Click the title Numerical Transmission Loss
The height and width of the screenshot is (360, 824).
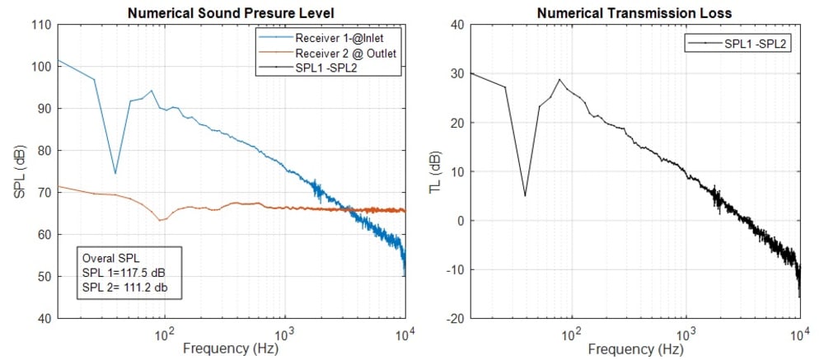click(634, 12)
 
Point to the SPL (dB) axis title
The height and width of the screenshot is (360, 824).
click(17, 171)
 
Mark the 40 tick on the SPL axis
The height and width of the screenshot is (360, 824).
click(46, 319)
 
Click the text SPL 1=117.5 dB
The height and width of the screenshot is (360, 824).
click(124, 273)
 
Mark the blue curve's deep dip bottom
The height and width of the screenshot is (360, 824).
click(115, 173)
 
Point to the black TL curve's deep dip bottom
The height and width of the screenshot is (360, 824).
click(525, 195)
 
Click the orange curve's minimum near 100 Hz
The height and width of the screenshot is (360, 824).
click(161, 220)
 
